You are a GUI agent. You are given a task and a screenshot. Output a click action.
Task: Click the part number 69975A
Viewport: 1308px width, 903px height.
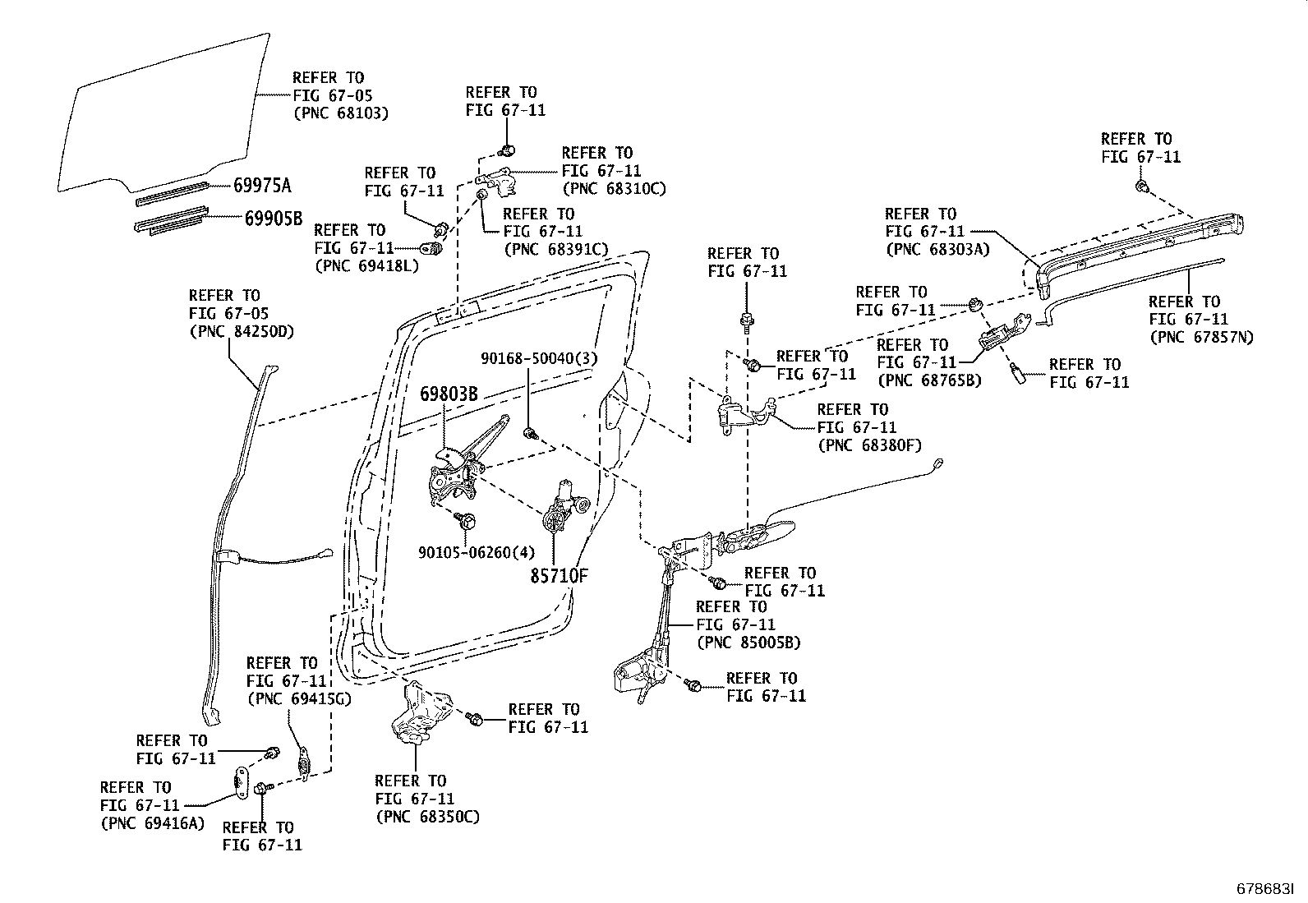tap(261, 186)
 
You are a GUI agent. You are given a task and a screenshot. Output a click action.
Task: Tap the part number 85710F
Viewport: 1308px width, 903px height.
tap(558, 575)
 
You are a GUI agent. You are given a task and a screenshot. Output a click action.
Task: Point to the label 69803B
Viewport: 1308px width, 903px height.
tap(449, 394)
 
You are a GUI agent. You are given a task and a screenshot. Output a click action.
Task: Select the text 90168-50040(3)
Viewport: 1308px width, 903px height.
tap(540, 358)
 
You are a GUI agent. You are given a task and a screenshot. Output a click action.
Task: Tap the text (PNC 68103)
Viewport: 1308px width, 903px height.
tap(340, 113)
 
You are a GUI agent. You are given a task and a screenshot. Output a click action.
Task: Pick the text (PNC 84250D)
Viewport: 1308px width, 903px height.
tap(241, 332)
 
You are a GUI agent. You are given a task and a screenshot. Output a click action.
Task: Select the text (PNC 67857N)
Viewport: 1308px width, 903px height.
tap(1201, 337)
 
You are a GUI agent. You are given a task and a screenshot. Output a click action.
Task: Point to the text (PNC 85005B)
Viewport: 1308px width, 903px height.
tap(748, 643)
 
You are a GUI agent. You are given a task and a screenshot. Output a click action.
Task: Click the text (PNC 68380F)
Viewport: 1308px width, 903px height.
tap(869, 445)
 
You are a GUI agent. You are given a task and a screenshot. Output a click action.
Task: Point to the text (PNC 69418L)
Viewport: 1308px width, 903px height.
tap(366, 265)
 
